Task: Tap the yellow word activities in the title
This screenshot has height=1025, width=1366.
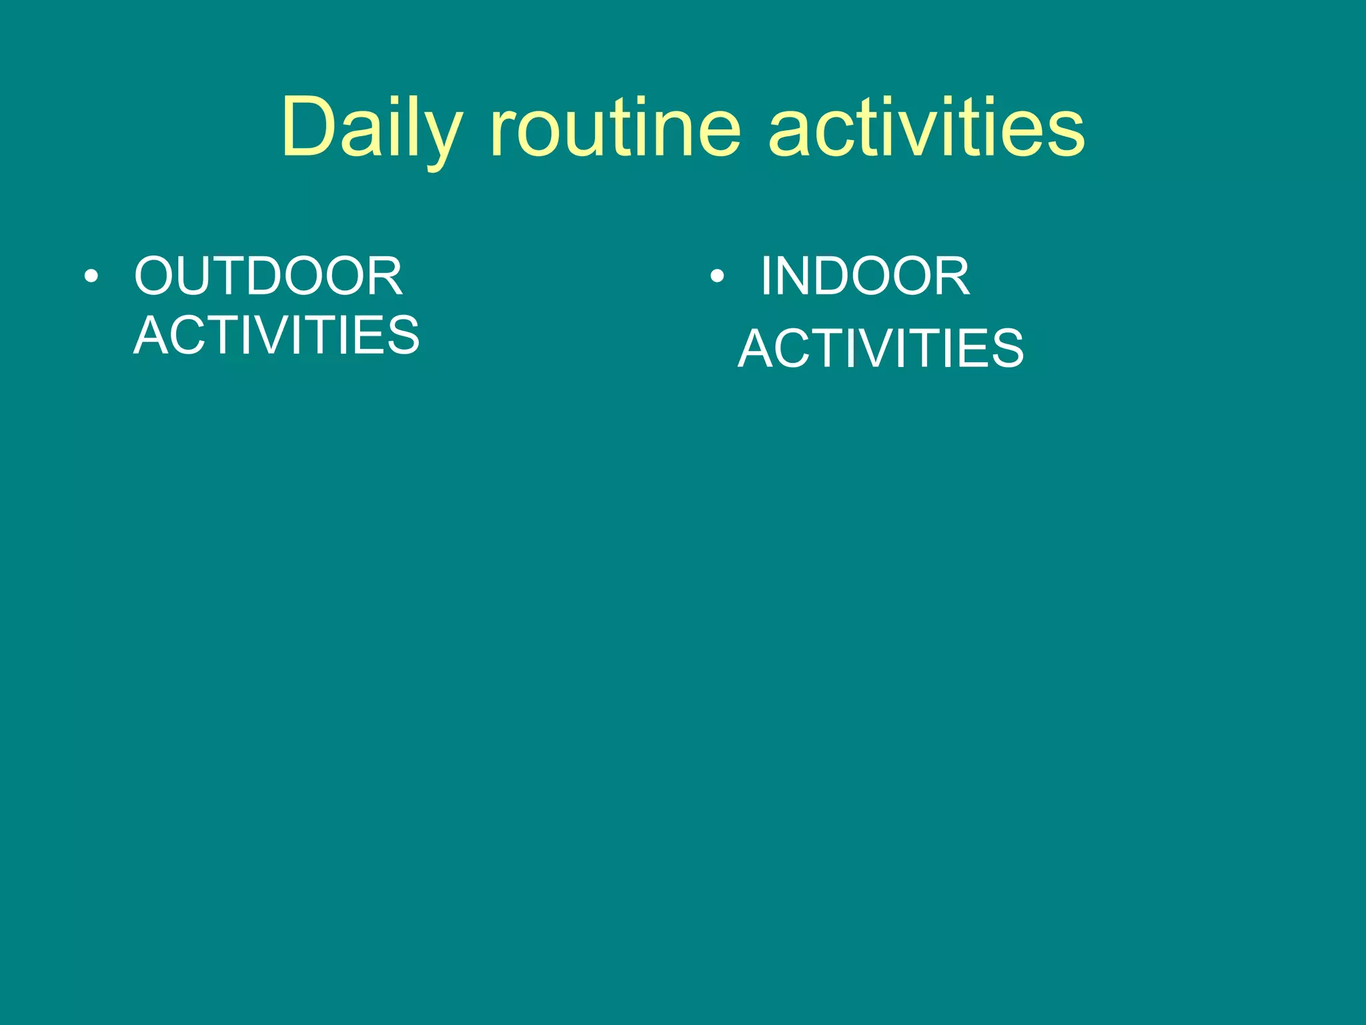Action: (926, 128)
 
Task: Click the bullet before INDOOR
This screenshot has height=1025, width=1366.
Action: (717, 276)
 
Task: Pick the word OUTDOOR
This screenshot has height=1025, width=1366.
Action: (268, 276)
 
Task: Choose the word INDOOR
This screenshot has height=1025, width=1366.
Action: (865, 276)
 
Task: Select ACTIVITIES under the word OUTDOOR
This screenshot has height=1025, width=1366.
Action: (277, 335)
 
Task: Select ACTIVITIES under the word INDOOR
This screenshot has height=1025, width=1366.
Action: (880, 348)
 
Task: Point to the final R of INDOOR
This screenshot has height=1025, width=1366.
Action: (950, 276)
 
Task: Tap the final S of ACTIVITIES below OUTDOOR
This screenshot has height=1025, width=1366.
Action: (402, 335)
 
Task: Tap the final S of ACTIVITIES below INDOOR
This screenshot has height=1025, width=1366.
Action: (1005, 348)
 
